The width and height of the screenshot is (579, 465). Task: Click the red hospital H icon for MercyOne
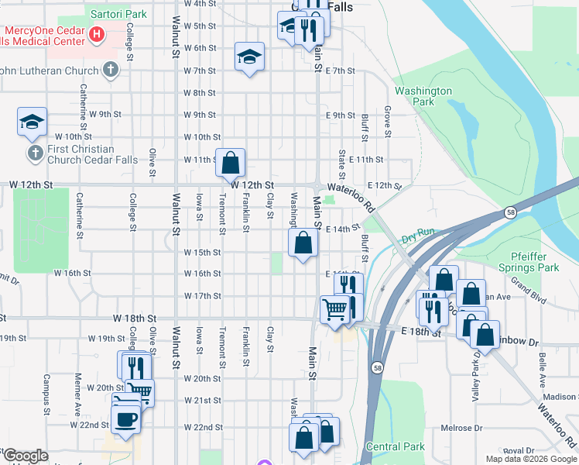point(97,33)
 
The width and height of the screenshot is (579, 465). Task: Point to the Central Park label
point(395,446)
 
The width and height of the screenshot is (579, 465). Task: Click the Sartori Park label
point(118,14)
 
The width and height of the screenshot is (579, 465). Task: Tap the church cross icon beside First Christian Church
point(35,153)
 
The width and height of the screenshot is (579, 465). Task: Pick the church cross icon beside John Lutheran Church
point(111,71)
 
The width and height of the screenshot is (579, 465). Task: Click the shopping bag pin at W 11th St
point(230,163)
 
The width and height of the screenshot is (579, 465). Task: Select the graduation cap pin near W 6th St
point(248,57)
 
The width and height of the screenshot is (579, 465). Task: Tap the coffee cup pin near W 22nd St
point(126,419)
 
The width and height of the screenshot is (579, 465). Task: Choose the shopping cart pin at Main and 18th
point(334,310)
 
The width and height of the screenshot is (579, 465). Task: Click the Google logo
point(25,456)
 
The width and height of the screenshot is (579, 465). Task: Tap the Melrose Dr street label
point(461,428)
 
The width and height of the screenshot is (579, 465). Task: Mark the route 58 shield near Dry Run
point(510,212)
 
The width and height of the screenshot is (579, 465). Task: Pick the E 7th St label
point(340,71)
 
